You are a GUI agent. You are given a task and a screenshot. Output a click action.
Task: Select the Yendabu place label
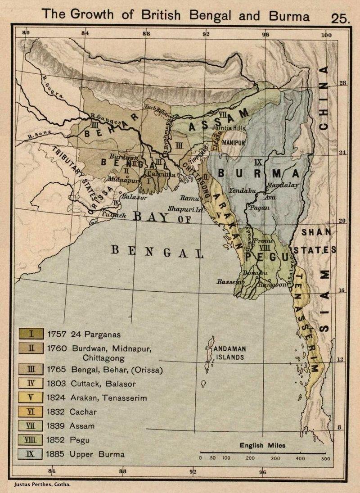point(242,191)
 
